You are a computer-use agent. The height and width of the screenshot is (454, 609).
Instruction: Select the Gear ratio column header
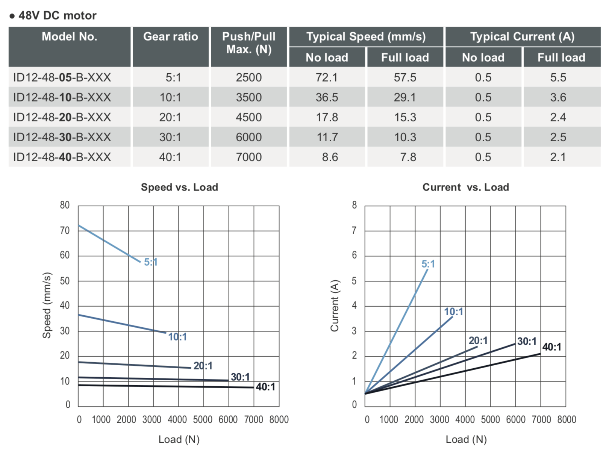coord(170,36)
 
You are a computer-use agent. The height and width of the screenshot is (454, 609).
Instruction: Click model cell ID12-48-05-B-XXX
coord(62,77)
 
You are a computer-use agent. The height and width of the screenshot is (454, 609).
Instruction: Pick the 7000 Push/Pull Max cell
coord(248,157)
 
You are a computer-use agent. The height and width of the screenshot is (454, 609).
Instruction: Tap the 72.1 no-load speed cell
coord(327,77)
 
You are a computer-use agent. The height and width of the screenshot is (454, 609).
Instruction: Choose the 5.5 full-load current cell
coord(558,77)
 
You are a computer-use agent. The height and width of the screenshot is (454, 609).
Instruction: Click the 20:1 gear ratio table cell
coord(170,117)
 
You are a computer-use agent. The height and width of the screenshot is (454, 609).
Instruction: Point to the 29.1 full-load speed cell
coord(405,97)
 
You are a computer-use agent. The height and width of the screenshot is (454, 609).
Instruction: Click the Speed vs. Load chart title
coord(179,187)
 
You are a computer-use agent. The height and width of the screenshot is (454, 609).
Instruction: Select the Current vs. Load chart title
coord(465,187)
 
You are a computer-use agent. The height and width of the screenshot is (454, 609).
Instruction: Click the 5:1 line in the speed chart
coord(109,244)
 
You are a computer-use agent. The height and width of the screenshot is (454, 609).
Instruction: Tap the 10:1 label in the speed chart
coord(177,337)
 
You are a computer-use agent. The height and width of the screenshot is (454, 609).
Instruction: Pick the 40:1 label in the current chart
coord(551,347)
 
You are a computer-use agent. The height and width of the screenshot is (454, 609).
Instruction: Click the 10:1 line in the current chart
coord(410,355)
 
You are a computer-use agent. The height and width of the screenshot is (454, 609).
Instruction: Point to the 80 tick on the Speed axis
coord(65,205)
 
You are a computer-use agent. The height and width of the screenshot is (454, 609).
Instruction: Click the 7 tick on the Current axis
coord(354,230)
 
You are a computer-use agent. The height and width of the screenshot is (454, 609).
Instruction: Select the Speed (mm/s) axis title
coord(47,305)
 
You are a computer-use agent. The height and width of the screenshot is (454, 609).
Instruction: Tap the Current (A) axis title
coord(335,306)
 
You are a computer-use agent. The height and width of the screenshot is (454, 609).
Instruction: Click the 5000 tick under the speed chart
coord(203,419)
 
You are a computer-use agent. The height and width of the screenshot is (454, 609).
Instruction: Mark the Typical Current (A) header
coord(522,36)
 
